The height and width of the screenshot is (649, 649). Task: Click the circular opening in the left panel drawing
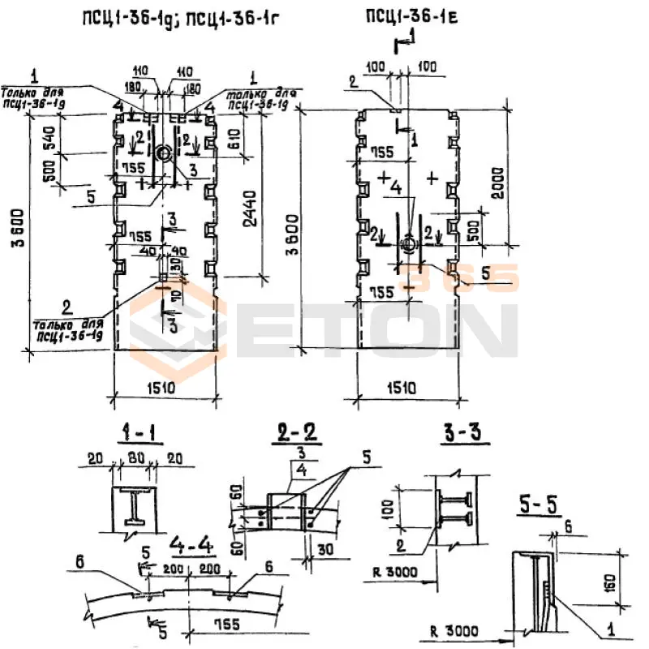point(163,152)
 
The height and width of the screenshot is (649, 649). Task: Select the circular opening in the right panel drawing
point(409,243)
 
